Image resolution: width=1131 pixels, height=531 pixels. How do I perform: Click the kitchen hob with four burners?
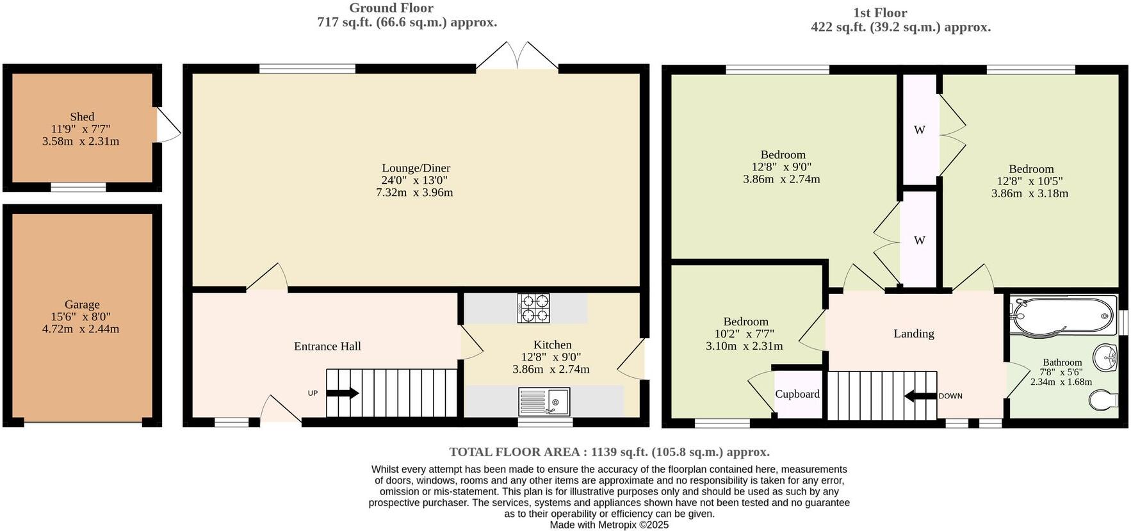[x=533, y=307]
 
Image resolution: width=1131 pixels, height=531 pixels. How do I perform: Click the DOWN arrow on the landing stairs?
[x=920, y=396]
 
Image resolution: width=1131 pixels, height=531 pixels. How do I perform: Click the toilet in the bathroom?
[x=1103, y=400]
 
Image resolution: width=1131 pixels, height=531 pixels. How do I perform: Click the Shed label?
[x=82, y=117]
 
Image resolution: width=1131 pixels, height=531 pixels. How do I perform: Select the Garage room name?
[x=82, y=304]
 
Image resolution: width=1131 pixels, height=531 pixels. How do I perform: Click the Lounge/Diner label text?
[x=416, y=168]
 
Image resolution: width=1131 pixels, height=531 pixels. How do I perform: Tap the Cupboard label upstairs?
[x=797, y=394]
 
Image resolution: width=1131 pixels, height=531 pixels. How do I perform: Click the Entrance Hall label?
[x=327, y=347]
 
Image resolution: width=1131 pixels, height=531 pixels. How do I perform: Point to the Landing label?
[x=913, y=333]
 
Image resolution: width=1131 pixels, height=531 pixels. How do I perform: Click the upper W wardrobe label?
[x=919, y=130]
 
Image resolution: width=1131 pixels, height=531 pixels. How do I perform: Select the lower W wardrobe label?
[x=919, y=241]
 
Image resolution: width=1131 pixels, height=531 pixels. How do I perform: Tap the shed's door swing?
[x=168, y=124]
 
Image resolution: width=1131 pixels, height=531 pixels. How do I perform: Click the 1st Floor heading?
[x=879, y=13]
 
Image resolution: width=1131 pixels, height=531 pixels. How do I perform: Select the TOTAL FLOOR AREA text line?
[x=609, y=452]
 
